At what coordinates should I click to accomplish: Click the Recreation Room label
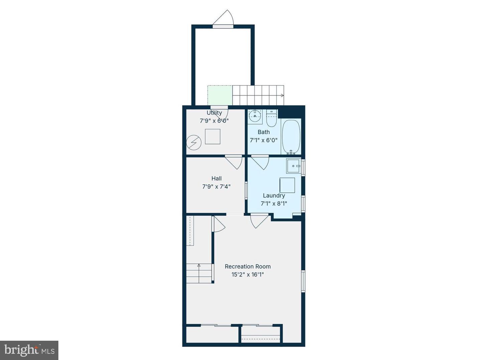[248, 266]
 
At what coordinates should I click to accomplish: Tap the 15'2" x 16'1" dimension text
[248, 275]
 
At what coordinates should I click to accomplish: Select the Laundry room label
[274, 196]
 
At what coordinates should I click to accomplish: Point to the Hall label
[216, 179]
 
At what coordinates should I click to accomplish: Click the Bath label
[264, 132]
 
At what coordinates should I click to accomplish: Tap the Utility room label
[214, 113]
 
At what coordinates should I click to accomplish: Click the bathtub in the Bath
[291, 137]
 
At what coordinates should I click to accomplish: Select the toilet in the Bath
[272, 119]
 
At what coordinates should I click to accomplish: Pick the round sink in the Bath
[255, 116]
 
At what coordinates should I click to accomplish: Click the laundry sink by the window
[294, 166]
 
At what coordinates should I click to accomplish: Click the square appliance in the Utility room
[212, 137]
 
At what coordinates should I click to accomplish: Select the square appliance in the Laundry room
[287, 185]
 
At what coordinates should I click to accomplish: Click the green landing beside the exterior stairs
[220, 95]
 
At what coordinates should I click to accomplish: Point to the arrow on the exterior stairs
[282, 95]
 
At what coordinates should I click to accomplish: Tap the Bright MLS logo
[29, 350]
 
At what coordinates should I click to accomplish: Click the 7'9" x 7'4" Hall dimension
[216, 187]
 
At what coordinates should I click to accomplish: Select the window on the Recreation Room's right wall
[303, 281]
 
